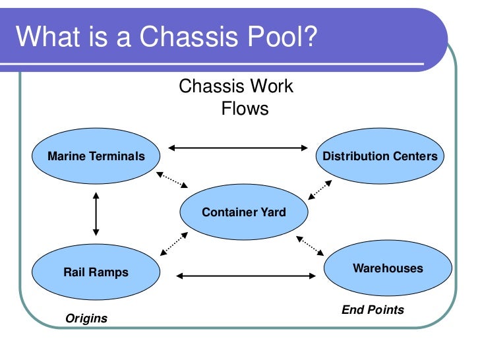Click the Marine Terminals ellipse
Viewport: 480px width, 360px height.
(x=96, y=156)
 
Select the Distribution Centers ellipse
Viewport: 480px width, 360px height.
(x=380, y=156)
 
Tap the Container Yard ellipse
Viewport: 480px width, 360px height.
(x=244, y=212)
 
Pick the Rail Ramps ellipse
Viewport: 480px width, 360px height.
(x=96, y=272)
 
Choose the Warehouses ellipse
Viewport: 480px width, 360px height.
(x=388, y=268)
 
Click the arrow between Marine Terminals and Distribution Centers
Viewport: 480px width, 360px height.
(x=239, y=148)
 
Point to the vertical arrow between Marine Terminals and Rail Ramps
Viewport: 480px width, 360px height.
(x=96, y=214)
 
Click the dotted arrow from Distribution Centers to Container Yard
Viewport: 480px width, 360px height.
(x=320, y=190)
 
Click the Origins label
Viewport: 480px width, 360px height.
(x=86, y=318)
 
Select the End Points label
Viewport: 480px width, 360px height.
(x=373, y=309)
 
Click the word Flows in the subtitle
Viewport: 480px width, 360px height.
(x=245, y=108)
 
